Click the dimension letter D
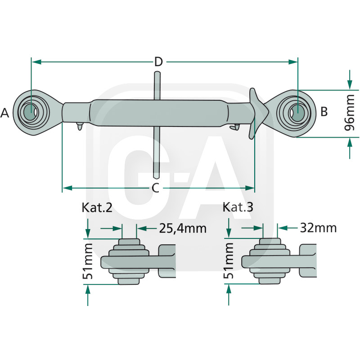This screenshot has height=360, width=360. click(158, 62)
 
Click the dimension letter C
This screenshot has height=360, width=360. click(155, 188)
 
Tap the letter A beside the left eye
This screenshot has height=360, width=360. click(5, 113)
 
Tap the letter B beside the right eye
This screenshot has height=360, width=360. click(324, 111)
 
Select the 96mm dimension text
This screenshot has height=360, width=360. click(349, 115)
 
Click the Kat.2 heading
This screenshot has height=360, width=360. click(97, 207)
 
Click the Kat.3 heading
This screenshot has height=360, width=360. click(238, 207)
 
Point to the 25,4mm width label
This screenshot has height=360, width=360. click(182, 229)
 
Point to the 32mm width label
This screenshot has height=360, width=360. click(318, 228)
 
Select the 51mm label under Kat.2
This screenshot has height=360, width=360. click(88, 261)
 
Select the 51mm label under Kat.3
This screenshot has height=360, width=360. click(229, 261)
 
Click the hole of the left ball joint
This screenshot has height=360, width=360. click(31, 111)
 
